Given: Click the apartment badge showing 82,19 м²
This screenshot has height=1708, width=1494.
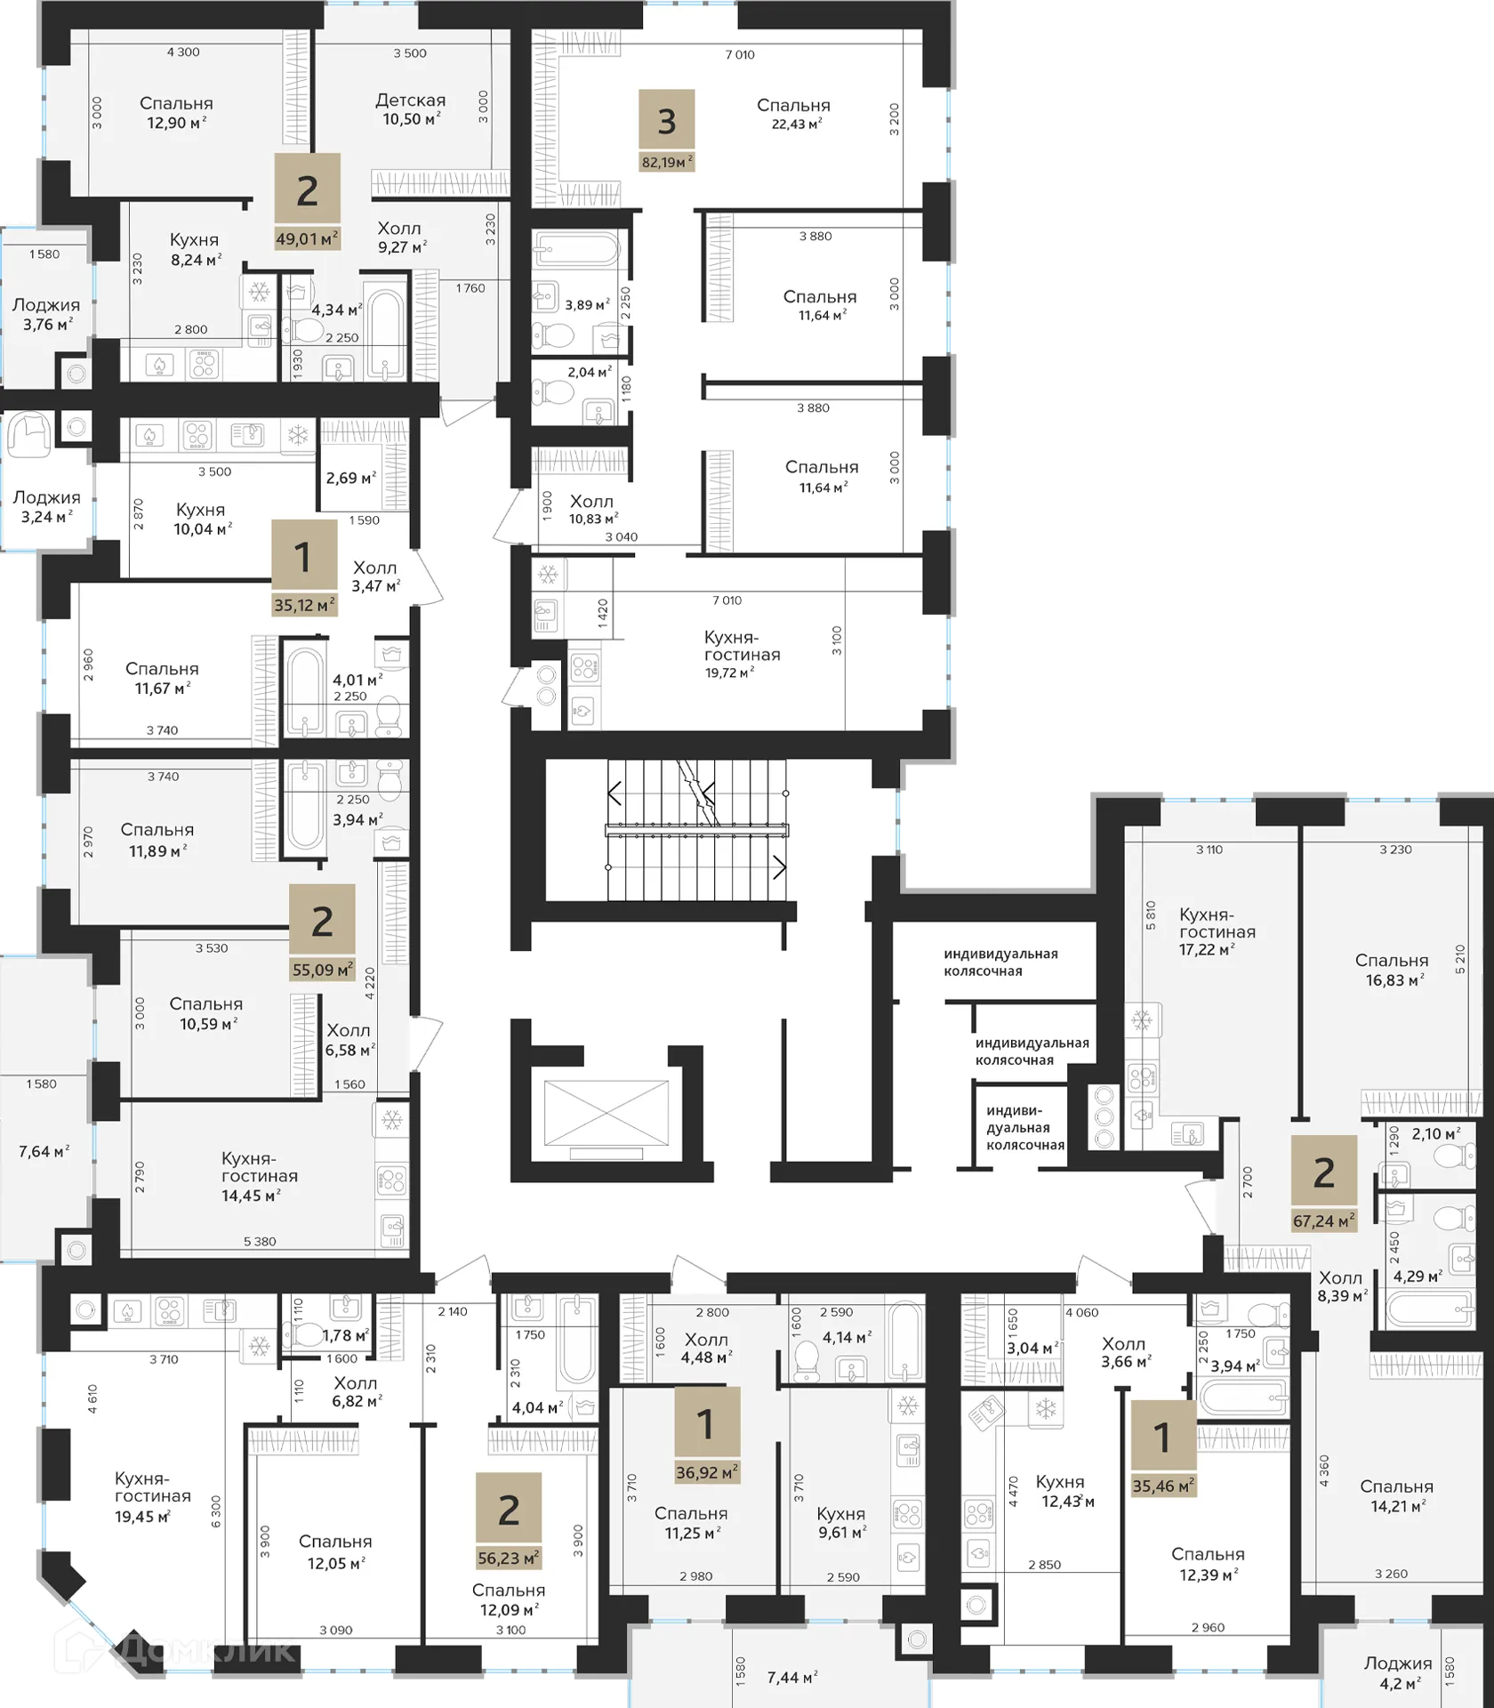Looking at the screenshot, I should [x=667, y=131].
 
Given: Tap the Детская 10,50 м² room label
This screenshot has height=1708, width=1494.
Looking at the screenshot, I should [x=410, y=109].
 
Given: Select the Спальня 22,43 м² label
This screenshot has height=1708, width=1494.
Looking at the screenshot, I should [x=793, y=113].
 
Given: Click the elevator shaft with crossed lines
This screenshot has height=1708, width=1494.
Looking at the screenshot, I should [x=606, y=1113].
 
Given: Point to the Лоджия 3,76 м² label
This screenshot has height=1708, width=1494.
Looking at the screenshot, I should [x=46, y=315].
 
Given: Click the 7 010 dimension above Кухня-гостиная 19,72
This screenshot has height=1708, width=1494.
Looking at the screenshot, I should [x=727, y=600].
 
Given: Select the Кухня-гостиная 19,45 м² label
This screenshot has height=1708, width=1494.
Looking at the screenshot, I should [x=153, y=1496].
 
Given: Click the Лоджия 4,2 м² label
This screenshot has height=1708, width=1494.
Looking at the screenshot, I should [x=1398, y=1672].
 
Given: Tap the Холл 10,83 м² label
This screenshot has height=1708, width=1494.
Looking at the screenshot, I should [x=592, y=510].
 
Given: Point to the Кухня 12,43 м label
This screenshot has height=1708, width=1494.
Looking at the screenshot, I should [x=1066, y=1491].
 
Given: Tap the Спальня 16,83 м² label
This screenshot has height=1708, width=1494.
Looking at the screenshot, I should [x=1392, y=970].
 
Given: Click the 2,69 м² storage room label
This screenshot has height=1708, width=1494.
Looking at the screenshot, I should [x=350, y=478].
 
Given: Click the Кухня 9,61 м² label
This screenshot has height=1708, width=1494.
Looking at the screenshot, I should [x=840, y=1522].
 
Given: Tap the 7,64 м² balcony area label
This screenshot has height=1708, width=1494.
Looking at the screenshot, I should [x=44, y=1152].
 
